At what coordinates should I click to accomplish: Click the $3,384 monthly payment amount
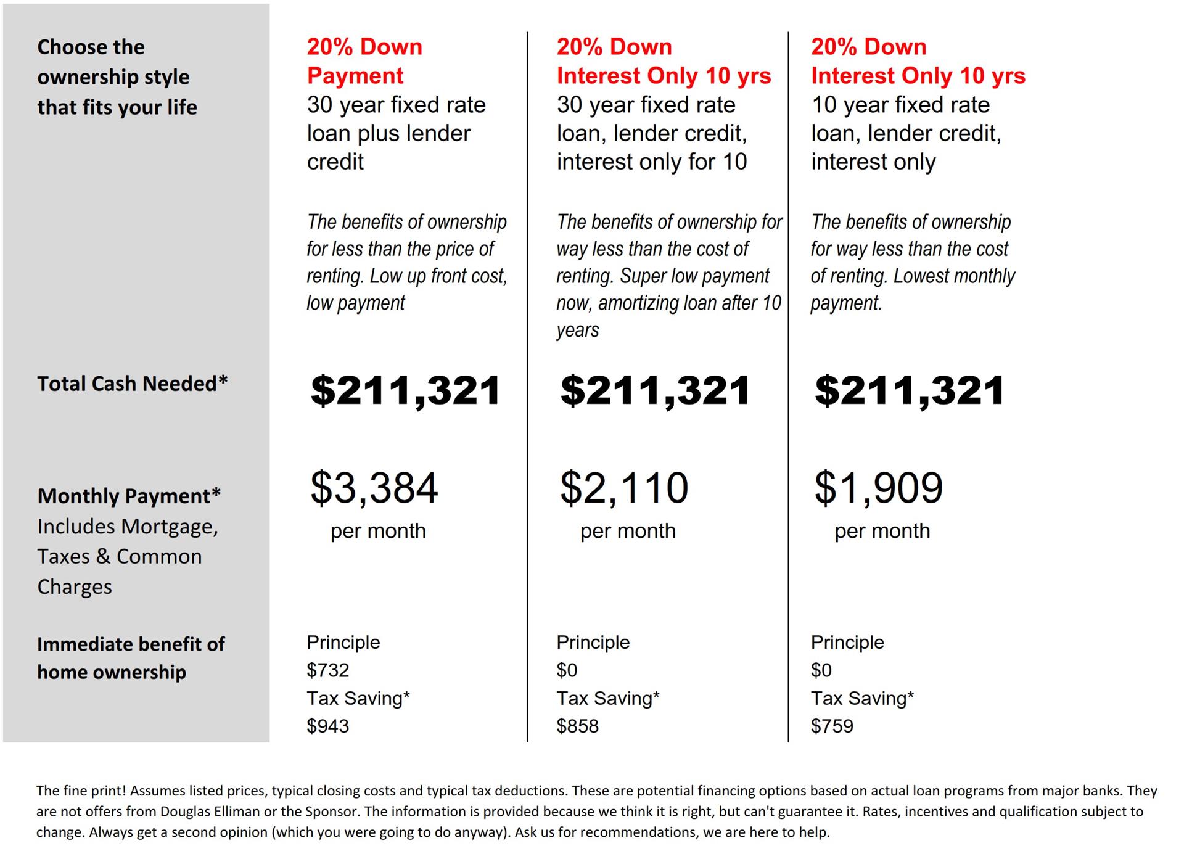click(374, 488)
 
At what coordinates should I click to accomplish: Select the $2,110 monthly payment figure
click(623, 488)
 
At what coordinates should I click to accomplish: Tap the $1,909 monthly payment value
click(878, 488)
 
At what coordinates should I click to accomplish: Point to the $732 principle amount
click(328, 670)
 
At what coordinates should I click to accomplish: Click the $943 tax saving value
click(328, 726)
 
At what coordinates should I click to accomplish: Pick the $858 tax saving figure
click(577, 726)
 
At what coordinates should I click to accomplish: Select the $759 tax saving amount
click(832, 726)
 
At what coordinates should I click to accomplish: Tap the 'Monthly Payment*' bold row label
click(129, 496)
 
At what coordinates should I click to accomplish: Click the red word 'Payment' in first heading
click(355, 76)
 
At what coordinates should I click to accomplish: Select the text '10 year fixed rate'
click(900, 105)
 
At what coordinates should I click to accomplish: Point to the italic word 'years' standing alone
click(577, 331)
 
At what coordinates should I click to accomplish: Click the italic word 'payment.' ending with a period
click(846, 303)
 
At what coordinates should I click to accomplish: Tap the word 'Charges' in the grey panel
click(75, 587)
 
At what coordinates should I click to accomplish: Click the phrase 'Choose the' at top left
click(91, 47)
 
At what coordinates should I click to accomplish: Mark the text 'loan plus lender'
click(388, 133)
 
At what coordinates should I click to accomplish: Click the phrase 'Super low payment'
click(694, 276)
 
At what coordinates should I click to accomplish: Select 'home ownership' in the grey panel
click(112, 672)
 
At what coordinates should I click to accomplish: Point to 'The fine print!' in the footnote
click(81, 791)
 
